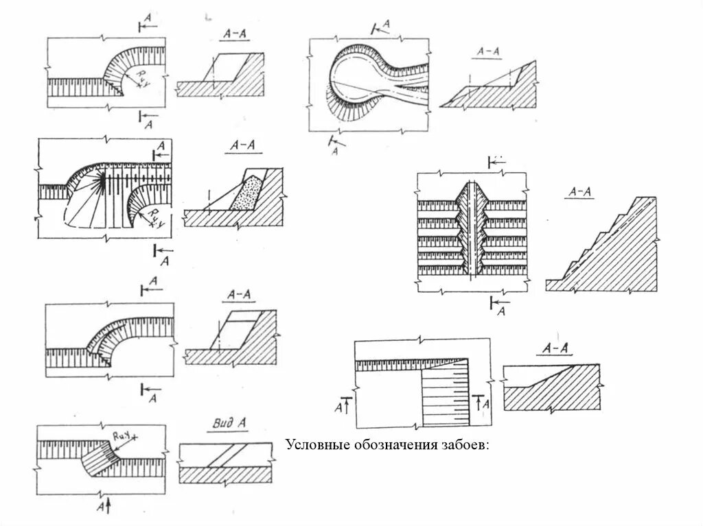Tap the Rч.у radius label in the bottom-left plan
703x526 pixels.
(x=121, y=434)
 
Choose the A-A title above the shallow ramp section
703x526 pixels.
(x=555, y=348)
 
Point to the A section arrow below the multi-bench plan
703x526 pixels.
(x=499, y=307)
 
